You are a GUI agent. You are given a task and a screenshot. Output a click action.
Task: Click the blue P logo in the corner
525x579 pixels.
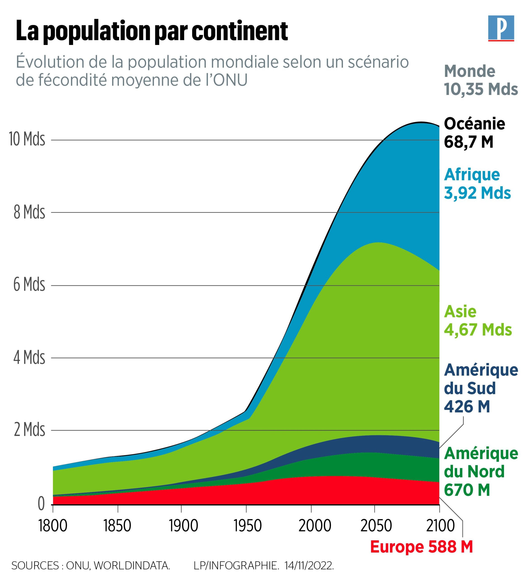501,28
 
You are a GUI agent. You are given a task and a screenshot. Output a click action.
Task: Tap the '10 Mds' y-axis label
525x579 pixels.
27,139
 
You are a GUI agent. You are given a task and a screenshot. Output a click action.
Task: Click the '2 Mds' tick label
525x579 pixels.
30,430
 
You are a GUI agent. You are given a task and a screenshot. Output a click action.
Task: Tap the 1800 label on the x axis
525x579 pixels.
53,526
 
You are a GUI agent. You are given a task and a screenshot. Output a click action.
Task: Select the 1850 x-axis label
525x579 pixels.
117,526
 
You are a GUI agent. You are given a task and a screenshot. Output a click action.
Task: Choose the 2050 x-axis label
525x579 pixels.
376,526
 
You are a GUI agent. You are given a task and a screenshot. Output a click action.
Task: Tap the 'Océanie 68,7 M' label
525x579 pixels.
474,133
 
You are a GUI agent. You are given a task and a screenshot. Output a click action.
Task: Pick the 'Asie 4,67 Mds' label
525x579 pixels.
478,320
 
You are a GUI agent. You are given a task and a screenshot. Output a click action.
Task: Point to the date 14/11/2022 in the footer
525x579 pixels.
309,565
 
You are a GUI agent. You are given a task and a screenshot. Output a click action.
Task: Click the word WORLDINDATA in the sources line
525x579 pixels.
132,565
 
